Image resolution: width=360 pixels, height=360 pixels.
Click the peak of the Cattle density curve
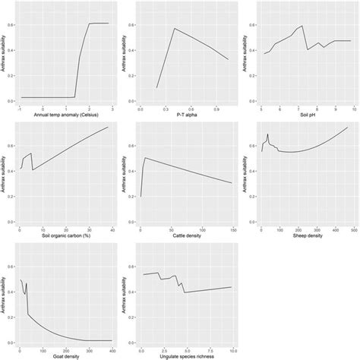(x=145, y=157)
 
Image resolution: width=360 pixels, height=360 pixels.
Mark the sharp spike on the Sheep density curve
(x=267, y=134)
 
